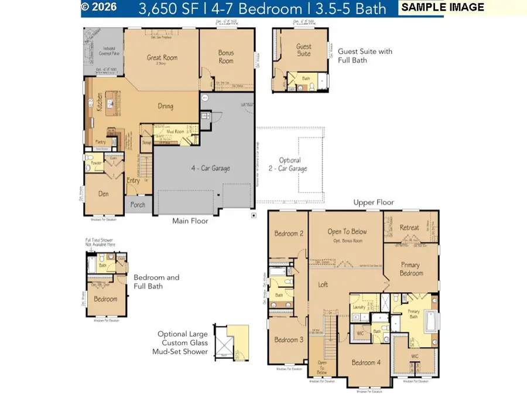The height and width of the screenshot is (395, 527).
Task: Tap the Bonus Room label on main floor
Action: [226, 57]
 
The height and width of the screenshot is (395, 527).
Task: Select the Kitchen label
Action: [100, 102]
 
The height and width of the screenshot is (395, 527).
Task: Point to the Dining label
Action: [166, 106]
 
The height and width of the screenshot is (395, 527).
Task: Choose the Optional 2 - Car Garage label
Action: [290, 164]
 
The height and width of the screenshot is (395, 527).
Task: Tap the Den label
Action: [104, 193]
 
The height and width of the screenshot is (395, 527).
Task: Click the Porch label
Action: [137, 204]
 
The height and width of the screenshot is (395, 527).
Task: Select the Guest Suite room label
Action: [304, 50]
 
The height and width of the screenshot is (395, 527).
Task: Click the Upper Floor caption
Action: [374, 202]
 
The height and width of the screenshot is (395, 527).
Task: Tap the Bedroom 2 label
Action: [288, 234]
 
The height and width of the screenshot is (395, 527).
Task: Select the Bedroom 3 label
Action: [288, 340]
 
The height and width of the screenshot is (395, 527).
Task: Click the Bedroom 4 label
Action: [366, 362]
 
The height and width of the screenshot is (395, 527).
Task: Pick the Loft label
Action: [323, 285]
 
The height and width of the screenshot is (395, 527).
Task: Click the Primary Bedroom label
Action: [412, 269]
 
